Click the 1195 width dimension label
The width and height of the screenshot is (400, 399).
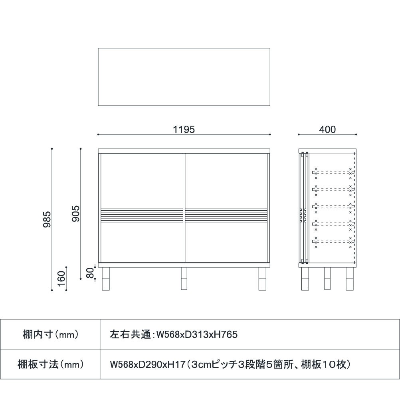[x=184, y=129]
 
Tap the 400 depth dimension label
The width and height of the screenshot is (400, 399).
[x=327, y=129]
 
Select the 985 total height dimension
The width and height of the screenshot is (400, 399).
[x=48, y=219]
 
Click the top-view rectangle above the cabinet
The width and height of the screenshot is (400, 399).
[x=184, y=77]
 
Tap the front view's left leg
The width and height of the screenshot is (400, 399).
[x=106, y=278]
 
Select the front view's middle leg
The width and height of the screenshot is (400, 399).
[x=184, y=278]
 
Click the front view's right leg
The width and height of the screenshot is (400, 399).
[x=262, y=278]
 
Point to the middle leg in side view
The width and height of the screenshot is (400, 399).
[x=327, y=278]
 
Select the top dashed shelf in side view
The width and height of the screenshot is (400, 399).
[x=333, y=173]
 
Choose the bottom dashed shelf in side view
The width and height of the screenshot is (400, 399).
[x=333, y=241]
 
